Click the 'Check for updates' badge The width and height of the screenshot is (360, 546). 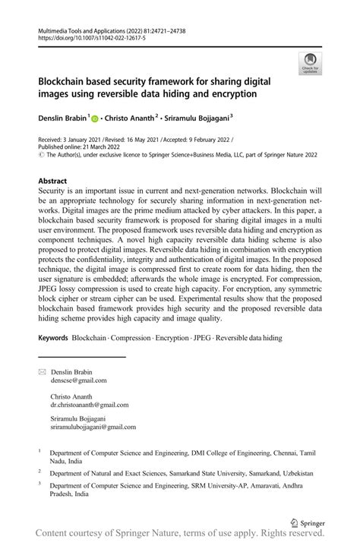(311, 64)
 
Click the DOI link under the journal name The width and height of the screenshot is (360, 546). (90, 36)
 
